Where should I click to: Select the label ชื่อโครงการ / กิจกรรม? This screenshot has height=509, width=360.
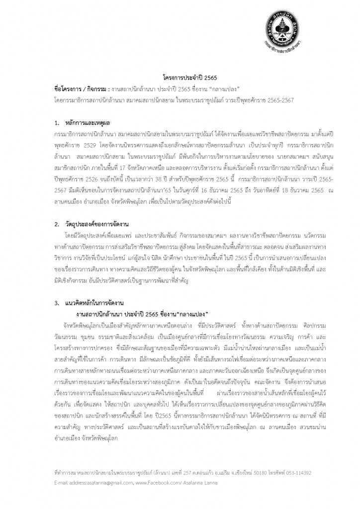pyautogui.click(x=81, y=89)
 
